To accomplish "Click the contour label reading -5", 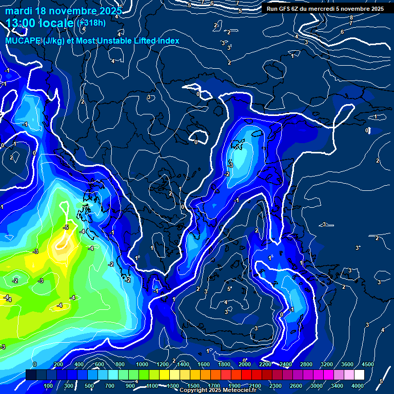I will [66, 227].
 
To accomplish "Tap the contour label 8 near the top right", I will [351, 17].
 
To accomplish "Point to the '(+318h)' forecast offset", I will [91, 23].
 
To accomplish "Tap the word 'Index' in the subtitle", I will [168, 41].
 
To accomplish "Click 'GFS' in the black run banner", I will [285, 9].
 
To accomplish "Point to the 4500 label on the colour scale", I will [367, 364].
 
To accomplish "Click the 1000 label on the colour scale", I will [142, 364].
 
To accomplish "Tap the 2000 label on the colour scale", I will [245, 364].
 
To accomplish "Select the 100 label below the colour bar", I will [48, 386].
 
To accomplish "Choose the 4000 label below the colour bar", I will [358, 386].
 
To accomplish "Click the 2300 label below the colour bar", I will [275, 386].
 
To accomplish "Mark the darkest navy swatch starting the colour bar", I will [31, 375].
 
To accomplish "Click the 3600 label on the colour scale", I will [347, 364].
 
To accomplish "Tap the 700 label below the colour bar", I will [110, 386].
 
